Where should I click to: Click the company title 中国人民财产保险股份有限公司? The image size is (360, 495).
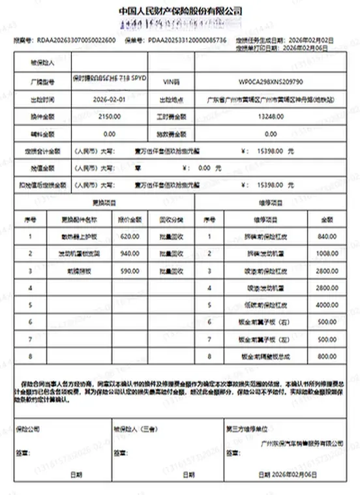[181, 12]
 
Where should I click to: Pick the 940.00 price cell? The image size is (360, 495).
[130, 253]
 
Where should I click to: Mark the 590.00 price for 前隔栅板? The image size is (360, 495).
[130, 270]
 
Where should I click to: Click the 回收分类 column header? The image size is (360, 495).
[172, 219]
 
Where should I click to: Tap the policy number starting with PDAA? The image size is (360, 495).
[187, 40]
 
